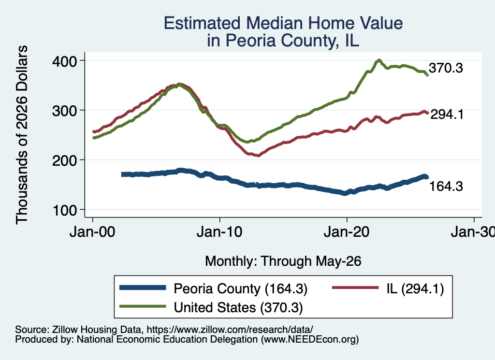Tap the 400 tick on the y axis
pos(64,61)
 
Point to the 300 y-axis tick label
pos(64,111)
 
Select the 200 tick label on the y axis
pos(64,160)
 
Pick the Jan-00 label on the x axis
pos(92,232)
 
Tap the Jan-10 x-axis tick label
pos(219,232)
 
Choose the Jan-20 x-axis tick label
pos(347,232)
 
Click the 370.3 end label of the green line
pos(446,68)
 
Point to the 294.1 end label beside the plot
pos(447,114)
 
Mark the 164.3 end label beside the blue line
pos(446,186)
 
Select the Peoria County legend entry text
pos(241,288)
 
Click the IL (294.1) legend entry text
pos(415,288)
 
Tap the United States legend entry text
pos(238,307)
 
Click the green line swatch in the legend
pos(143,306)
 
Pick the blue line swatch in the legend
pos(143,288)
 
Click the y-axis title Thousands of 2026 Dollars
pos(22,135)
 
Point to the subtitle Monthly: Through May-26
pos(283,261)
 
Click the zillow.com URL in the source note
pos(230,330)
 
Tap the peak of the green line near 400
pos(379,60)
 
